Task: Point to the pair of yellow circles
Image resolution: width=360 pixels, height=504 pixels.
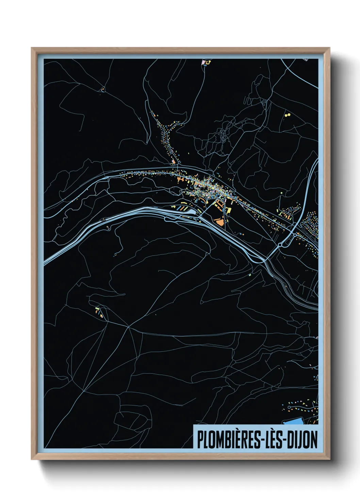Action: (x=288, y=115)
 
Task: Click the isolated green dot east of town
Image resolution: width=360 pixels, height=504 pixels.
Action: (x=282, y=193)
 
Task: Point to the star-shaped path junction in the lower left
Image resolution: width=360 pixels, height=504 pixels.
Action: (x=128, y=327)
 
